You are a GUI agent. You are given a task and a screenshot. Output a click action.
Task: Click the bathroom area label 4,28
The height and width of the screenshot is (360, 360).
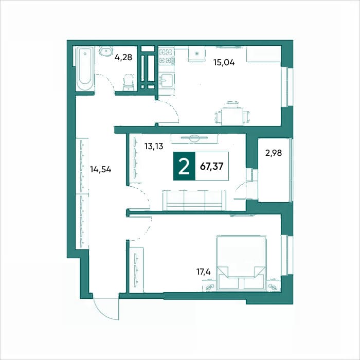123,57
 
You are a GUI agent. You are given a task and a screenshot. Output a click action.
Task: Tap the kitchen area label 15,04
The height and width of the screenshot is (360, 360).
224,62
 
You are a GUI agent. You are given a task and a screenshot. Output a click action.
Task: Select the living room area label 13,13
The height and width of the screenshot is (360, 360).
154,146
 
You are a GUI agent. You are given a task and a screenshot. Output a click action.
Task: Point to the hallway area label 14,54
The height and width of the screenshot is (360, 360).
101,170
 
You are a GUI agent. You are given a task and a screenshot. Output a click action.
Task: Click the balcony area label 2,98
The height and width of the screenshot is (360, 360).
274,153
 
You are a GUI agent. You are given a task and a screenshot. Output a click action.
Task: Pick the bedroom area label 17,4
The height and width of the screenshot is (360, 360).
204,272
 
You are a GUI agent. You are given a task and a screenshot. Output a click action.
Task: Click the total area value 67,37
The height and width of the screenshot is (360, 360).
212,166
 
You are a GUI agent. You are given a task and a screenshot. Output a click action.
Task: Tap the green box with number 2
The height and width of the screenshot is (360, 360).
184,166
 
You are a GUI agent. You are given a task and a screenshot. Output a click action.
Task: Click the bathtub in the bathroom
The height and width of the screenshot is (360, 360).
85,69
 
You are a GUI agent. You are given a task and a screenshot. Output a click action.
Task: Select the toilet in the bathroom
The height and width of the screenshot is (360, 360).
129,82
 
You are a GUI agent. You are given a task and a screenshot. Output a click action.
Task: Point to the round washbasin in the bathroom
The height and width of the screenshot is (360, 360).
106,51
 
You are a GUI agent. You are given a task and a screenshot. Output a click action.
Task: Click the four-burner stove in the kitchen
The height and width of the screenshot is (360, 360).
167,56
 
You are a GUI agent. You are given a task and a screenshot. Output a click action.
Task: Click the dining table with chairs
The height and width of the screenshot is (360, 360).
232,114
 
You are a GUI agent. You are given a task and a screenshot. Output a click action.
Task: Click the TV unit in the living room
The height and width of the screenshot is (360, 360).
194,139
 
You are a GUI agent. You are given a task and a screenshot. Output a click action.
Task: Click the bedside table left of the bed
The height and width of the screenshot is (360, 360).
209,285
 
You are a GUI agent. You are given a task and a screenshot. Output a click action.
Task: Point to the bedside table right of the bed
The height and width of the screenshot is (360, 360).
274,285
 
